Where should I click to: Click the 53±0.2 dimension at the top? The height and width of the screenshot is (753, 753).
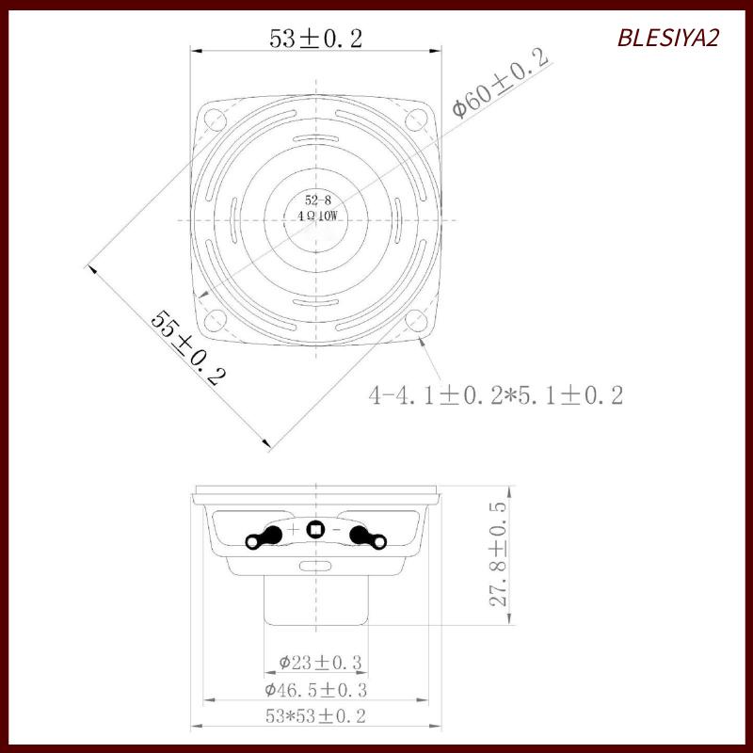(316, 39)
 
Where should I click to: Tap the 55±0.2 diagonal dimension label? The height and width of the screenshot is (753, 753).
(189, 348)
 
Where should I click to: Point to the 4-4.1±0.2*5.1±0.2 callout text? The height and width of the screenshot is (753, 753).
(496, 395)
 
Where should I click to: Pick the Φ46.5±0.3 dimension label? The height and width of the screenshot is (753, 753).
(315, 690)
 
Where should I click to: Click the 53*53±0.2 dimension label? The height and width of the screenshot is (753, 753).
(315, 716)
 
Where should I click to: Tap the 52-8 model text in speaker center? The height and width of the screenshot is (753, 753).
(317, 200)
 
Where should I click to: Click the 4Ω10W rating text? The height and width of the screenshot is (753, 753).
(317, 216)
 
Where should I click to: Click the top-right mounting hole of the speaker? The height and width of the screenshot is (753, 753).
(417, 120)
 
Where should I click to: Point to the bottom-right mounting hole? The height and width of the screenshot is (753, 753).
(417, 320)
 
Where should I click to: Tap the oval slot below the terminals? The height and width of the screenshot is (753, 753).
(316, 566)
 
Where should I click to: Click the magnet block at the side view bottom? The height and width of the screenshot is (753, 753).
(316, 600)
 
